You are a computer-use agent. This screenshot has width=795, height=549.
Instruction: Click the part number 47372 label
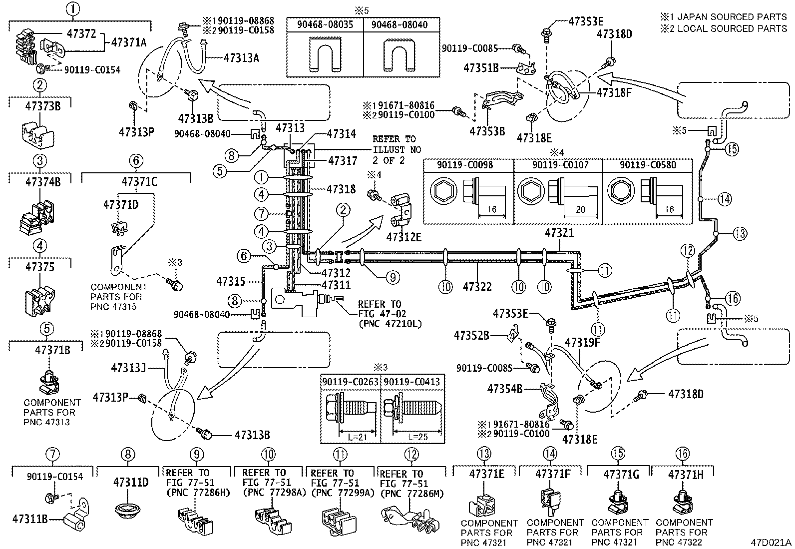(x=81, y=33)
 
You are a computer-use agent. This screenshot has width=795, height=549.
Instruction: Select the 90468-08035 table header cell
(x=325, y=24)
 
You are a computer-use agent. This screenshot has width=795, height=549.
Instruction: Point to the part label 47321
(x=559, y=233)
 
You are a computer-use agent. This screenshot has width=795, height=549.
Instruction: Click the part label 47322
(x=477, y=287)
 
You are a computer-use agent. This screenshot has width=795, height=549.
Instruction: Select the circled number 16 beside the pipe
(x=733, y=299)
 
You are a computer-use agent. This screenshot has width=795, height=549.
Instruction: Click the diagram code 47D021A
(x=770, y=542)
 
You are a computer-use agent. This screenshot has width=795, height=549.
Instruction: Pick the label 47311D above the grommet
(x=131, y=482)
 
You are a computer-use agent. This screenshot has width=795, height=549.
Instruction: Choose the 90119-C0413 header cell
(x=412, y=382)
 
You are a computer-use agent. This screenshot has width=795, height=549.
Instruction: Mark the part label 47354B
(x=505, y=388)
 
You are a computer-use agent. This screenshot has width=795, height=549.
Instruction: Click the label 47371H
(x=685, y=474)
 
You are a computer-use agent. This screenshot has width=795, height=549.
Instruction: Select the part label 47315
(x=231, y=282)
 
